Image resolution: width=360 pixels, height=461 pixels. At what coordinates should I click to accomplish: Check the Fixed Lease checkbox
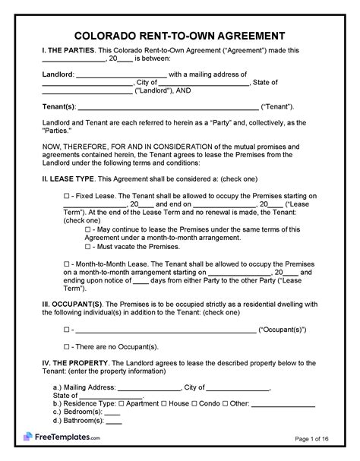(x=66, y=195)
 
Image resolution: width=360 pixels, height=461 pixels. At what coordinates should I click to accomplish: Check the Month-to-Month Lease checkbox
(x=66, y=263)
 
